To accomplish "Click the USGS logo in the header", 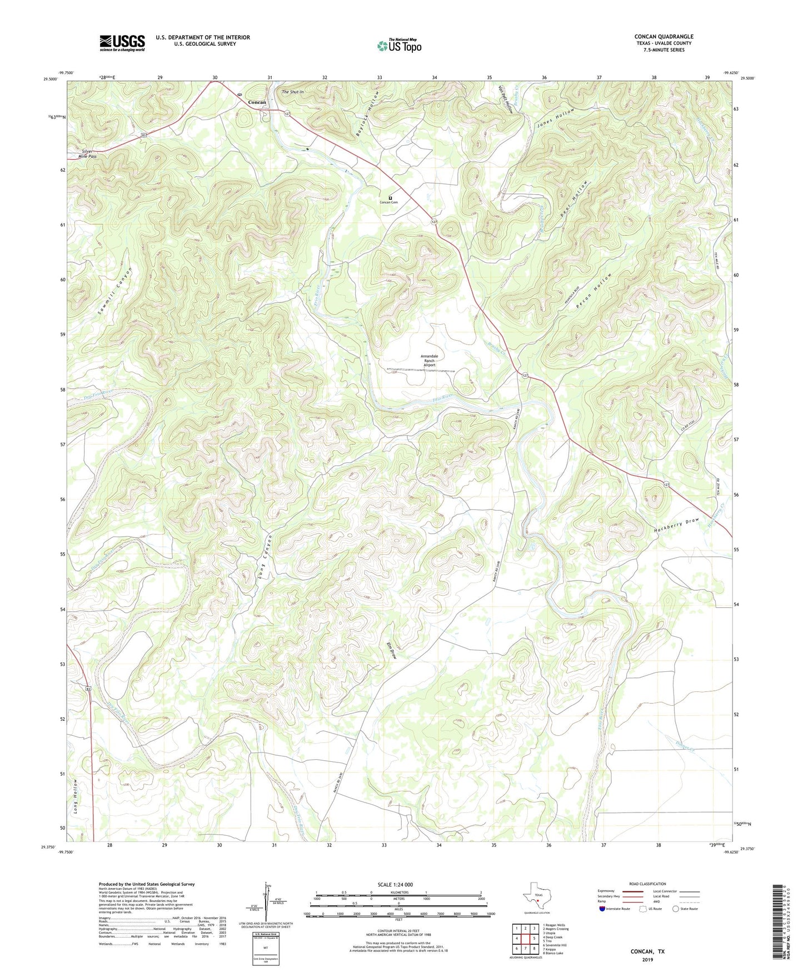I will click(122, 42).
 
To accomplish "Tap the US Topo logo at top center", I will click(400, 45).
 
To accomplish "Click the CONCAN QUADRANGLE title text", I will click(664, 37).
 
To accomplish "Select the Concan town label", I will click(257, 102).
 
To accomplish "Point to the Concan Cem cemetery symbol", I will click(390, 197).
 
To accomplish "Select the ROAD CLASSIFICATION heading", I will click(647, 884).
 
